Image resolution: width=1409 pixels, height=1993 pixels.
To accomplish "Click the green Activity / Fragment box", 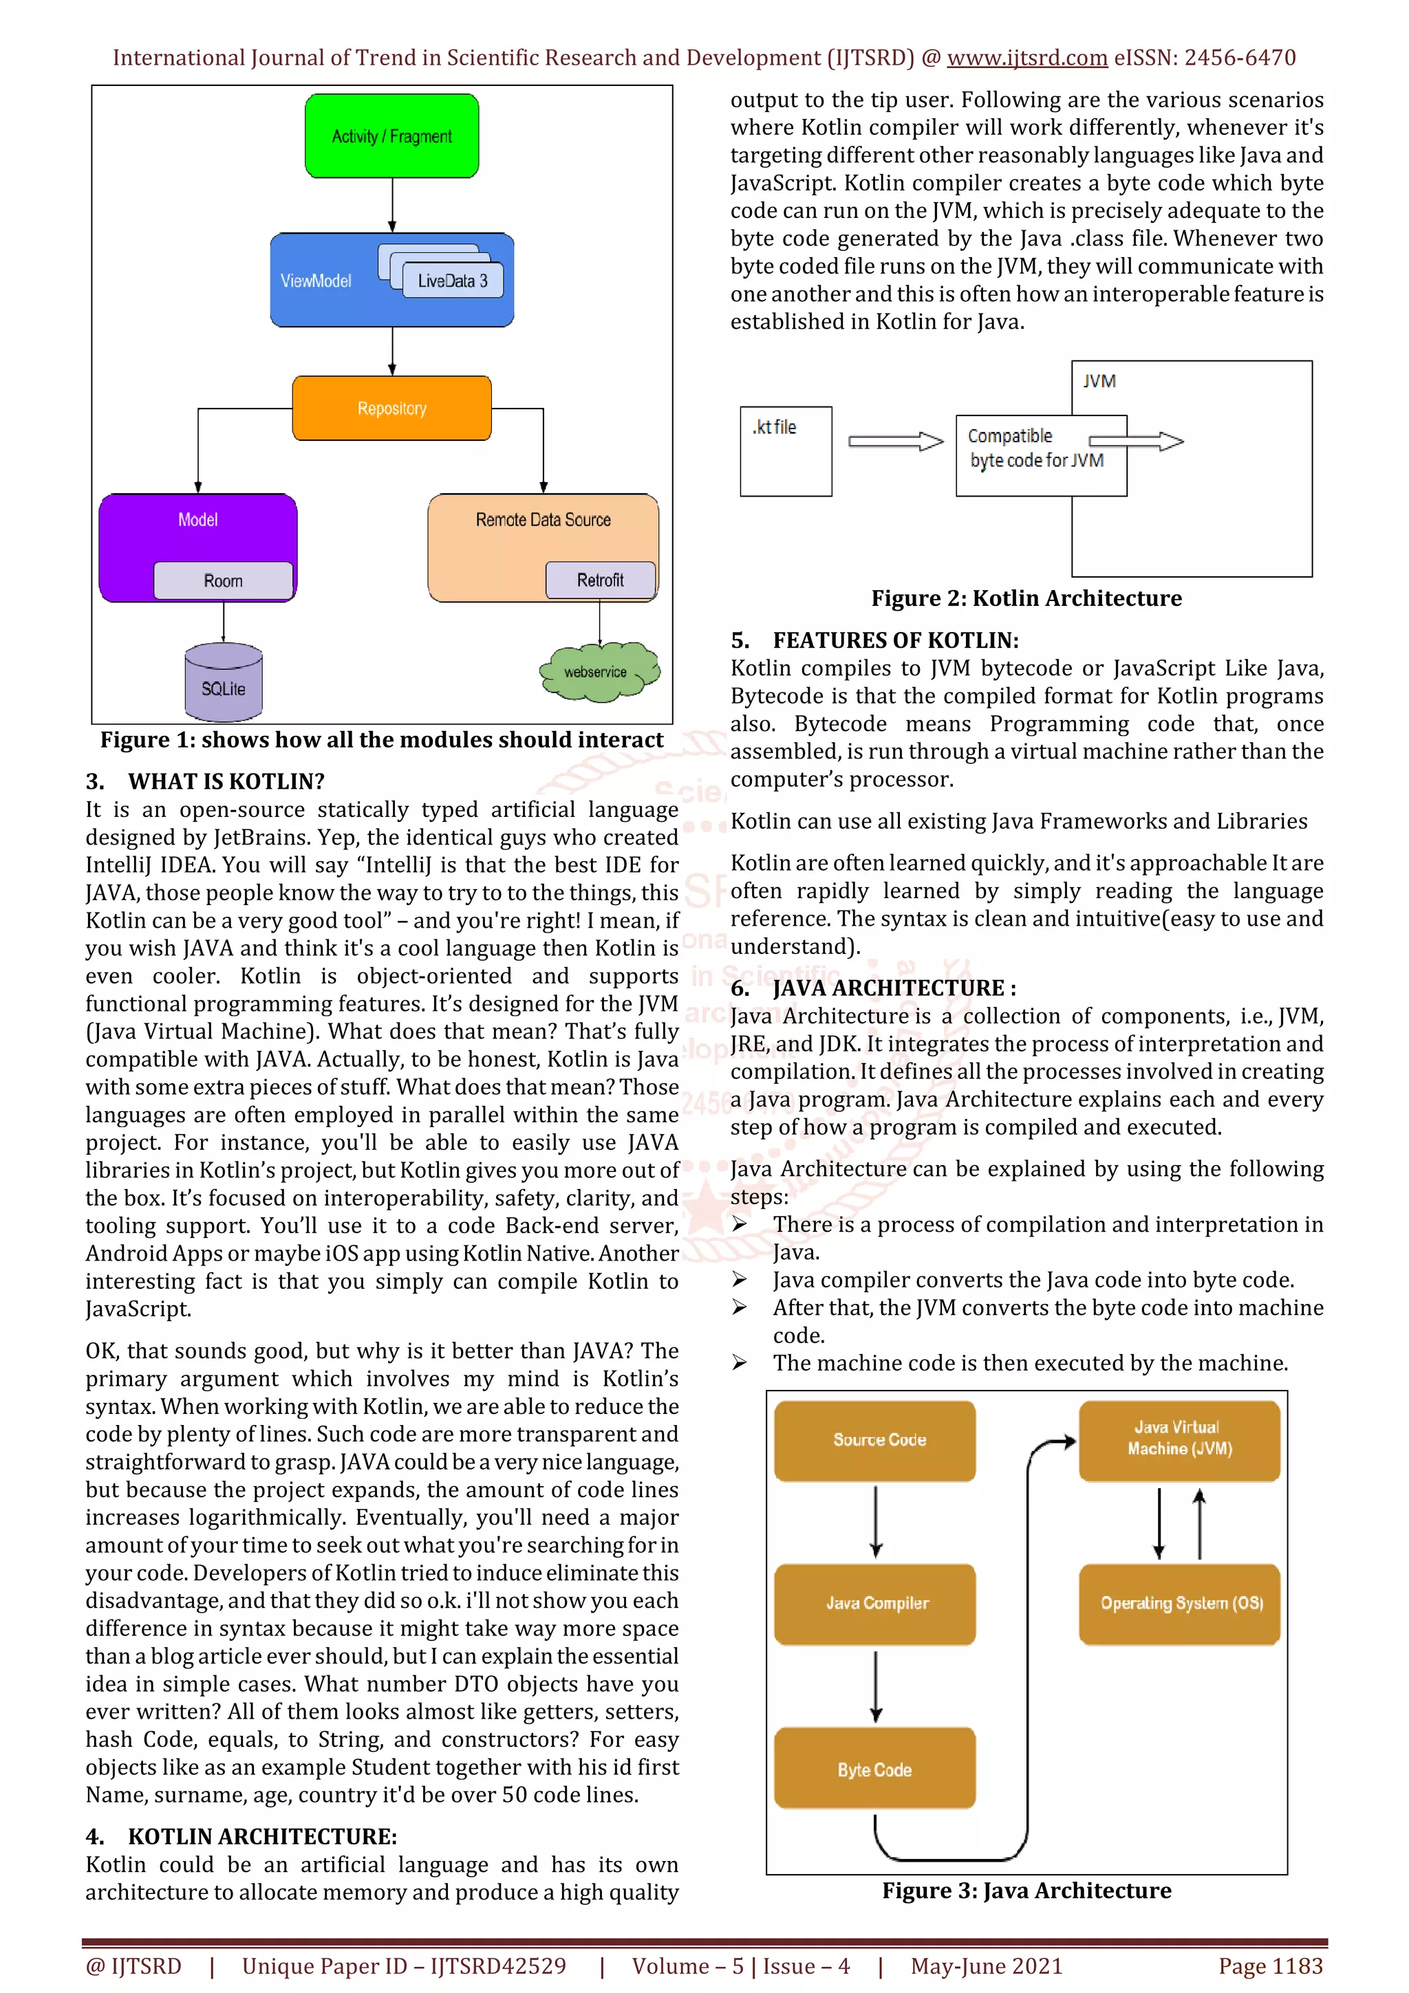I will [391, 136].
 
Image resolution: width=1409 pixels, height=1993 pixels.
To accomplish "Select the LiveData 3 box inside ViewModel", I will [452, 281].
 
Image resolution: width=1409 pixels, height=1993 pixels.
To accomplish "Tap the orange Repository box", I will [391, 408].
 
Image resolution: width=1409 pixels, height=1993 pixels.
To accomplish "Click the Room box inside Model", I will [223, 580].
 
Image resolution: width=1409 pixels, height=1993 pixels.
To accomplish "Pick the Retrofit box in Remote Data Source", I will [600, 580].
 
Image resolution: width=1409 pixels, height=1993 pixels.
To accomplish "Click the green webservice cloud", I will [597, 672].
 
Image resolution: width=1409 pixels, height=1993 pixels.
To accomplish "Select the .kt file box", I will [785, 451].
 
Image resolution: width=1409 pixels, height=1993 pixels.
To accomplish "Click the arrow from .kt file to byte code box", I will [895, 441].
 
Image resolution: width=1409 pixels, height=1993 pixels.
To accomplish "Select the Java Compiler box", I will [875, 1603].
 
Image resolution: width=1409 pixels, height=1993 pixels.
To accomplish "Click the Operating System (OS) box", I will [1180, 1603].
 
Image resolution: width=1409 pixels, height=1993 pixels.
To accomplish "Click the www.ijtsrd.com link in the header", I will [1026, 58].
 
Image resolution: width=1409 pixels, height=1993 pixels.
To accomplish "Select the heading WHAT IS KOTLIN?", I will [226, 781].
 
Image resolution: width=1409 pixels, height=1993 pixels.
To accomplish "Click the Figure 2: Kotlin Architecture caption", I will [1026, 598].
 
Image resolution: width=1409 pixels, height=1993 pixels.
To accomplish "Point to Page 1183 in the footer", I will [1270, 1966].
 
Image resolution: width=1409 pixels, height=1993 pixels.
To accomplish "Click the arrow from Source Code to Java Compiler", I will [876, 1521].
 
